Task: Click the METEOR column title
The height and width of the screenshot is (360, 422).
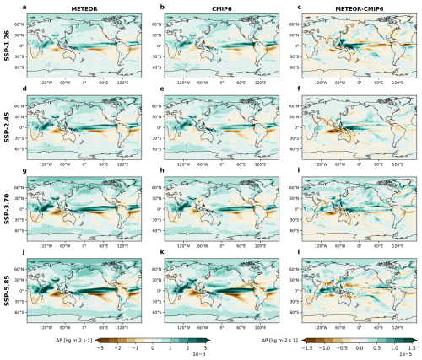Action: click(83, 8)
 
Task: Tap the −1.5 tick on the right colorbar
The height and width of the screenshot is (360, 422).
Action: click(304, 347)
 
